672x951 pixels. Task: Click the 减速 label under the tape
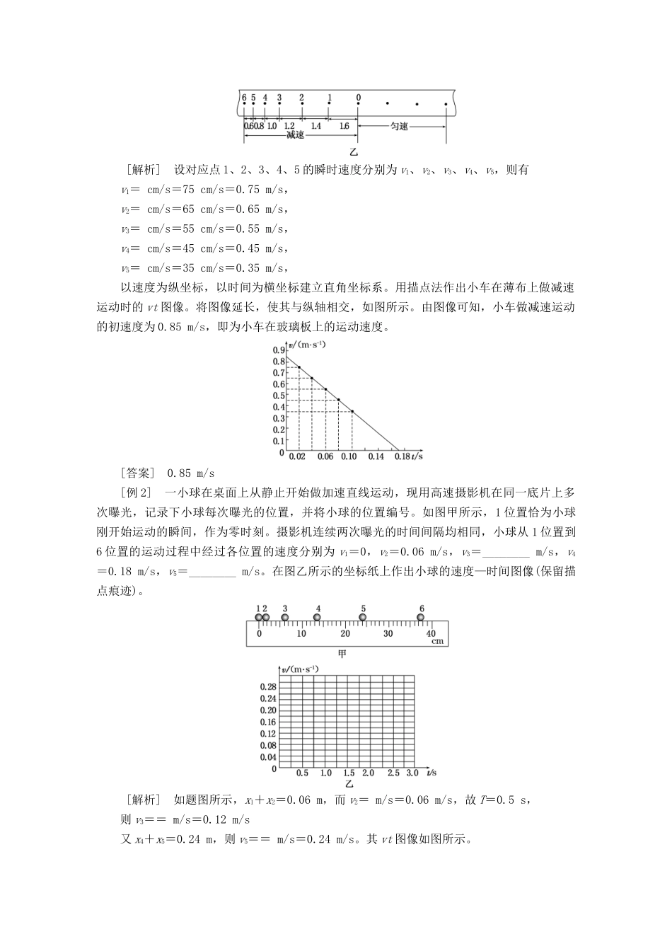(296, 135)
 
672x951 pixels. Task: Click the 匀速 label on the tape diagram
(400, 127)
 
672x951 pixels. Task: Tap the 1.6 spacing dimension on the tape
(344, 126)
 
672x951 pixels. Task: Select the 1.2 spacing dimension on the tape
(289, 126)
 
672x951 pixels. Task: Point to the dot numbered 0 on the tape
(359, 104)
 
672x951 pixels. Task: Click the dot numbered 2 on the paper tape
(302, 104)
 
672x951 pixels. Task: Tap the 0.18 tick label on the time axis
(402, 457)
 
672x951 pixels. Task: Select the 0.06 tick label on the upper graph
(325, 457)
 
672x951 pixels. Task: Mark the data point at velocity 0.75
(299, 367)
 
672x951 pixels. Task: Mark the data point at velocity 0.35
(352, 412)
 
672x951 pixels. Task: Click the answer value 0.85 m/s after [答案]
(190, 473)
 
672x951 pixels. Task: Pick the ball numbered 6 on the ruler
(421, 618)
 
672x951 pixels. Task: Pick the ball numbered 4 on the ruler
(318, 618)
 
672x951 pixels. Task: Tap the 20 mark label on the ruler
(345, 634)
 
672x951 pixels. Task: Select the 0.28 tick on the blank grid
(267, 687)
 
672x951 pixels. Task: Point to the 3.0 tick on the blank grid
(412, 773)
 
